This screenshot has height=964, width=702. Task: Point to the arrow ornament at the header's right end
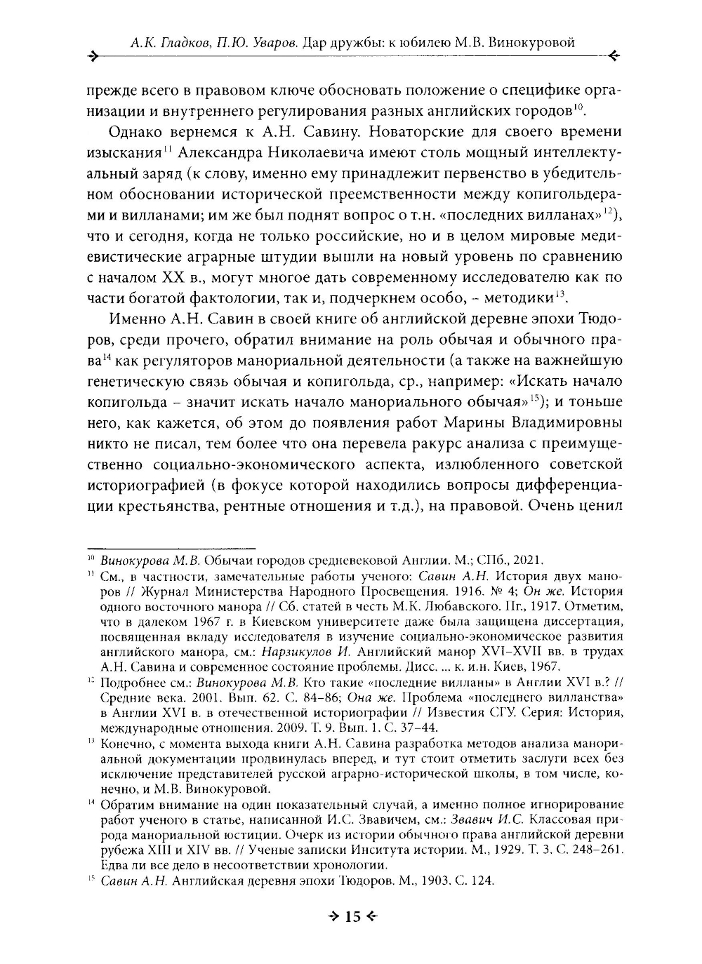[x=613, y=56]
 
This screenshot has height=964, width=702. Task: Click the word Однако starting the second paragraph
[x=138, y=132]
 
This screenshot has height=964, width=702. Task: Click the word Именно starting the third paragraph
[x=138, y=320]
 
